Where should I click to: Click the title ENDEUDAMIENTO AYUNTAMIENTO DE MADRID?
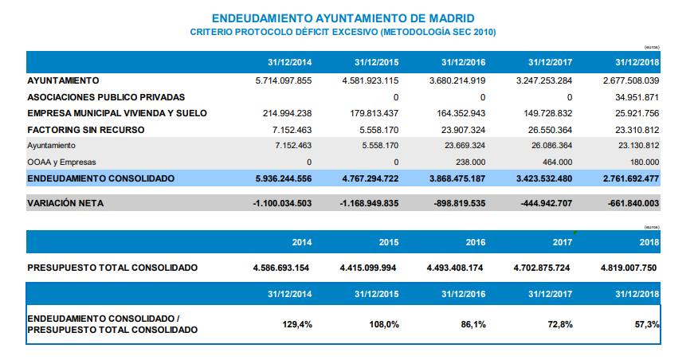[x=343, y=18]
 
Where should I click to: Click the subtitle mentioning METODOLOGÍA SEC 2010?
[x=343, y=32]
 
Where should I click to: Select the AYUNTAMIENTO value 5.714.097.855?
[x=284, y=80]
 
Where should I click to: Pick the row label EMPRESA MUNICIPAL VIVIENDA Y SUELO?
[x=117, y=113]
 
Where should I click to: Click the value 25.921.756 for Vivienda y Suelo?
[x=637, y=113]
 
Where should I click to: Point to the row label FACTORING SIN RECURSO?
[x=86, y=130]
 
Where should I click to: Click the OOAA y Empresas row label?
[x=61, y=162]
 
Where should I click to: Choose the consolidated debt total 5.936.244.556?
[x=284, y=179]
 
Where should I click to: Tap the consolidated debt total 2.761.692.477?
[x=631, y=179]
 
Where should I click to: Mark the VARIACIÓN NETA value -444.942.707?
[x=547, y=203]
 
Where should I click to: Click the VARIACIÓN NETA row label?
[x=65, y=203]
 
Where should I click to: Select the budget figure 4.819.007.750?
[x=629, y=268]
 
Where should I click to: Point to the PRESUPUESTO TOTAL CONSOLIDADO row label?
[x=112, y=268]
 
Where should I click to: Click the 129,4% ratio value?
[x=297, y=324]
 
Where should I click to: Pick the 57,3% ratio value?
[x=647, y=324]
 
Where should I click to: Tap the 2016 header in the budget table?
[x=476, y=242]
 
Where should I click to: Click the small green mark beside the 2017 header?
[x=575, y=233]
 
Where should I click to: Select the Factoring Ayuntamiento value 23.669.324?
[x=465, y=146]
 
